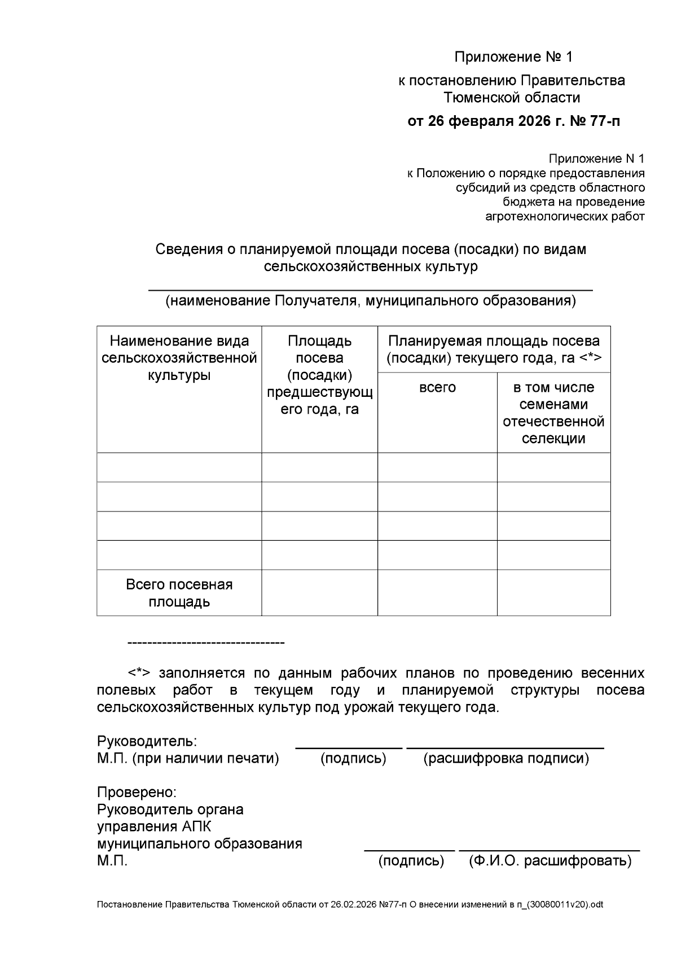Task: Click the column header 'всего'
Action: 437,387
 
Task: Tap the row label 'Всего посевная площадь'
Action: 179,593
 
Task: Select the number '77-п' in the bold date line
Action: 604,121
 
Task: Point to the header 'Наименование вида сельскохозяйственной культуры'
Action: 179,358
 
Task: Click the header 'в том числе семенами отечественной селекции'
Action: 553,413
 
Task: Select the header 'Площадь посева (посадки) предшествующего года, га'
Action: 319,375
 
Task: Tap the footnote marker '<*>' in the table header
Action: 590,358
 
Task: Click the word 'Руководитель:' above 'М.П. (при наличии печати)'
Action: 147,741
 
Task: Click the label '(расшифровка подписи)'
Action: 506,758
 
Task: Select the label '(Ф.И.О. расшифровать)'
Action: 550,861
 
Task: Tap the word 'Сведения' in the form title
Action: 189,249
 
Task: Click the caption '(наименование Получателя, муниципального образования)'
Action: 370,301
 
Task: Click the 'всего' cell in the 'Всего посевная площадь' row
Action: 437,593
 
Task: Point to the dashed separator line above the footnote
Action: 206,643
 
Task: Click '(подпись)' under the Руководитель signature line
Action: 353,758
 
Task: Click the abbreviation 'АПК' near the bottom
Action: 196,826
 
